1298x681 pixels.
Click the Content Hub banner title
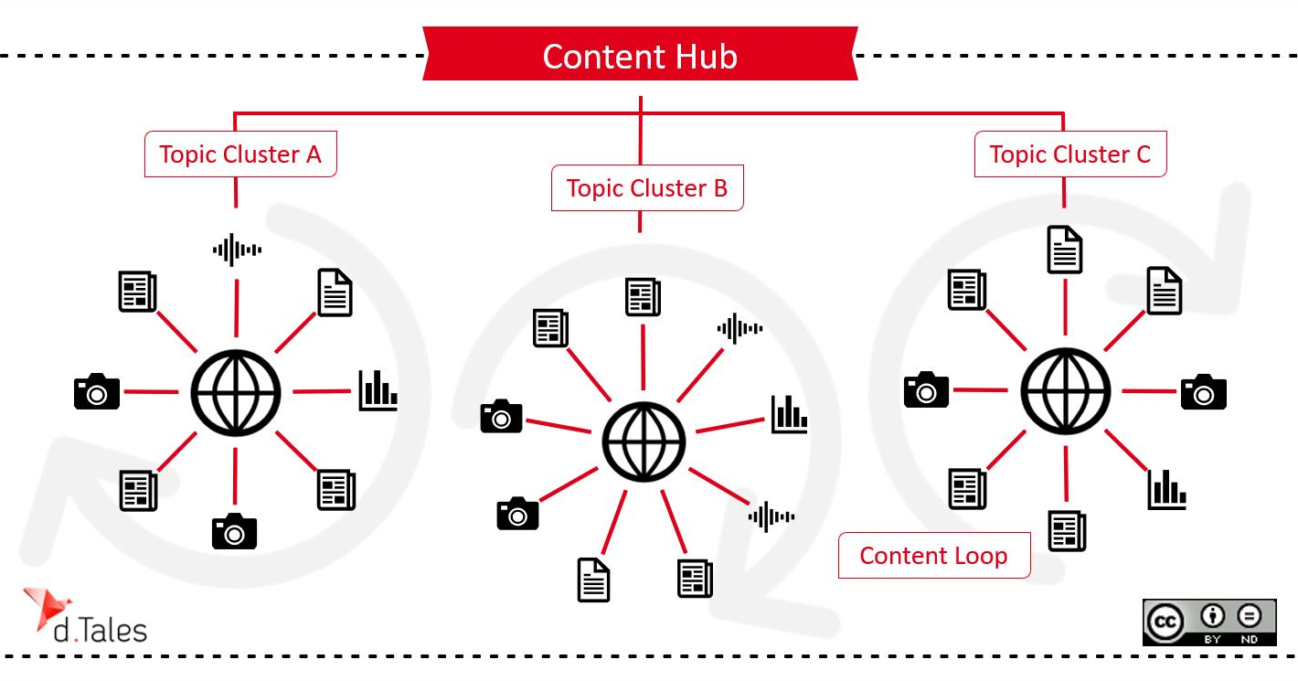640,57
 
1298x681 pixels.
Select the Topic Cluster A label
240,154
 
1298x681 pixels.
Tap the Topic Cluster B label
647,188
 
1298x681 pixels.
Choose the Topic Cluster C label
1070,154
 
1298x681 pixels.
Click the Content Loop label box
934,556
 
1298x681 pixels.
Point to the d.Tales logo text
101,630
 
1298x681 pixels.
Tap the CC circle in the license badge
1166,622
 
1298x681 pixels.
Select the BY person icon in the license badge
1213,616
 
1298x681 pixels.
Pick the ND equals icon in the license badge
1250,616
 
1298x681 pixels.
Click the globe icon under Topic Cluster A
236,391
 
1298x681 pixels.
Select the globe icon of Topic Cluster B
644,442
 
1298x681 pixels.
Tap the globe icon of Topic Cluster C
1065,390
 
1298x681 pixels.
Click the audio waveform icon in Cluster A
237,249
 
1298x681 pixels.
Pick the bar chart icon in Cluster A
378,390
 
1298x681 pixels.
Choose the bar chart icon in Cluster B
789,414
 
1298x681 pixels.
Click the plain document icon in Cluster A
335,293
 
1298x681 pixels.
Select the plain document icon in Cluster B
593,580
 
